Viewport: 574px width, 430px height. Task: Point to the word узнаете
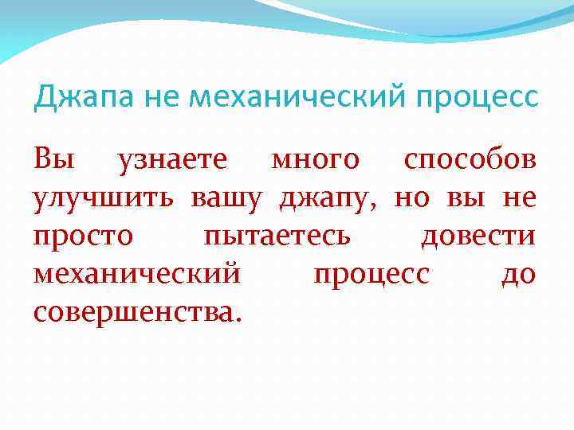pyautogui.click(x=173, y=160)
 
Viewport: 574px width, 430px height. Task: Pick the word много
pyautogui.click(x=316, y=160)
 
